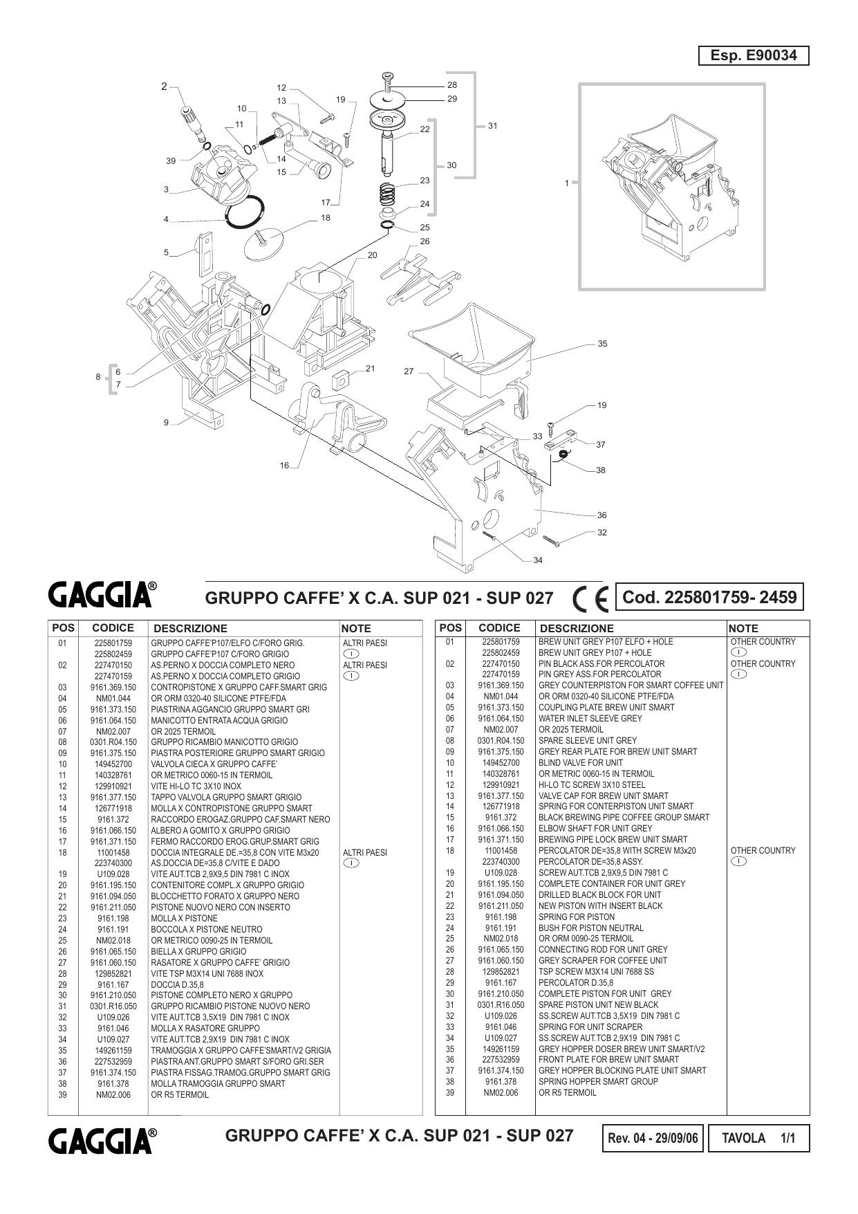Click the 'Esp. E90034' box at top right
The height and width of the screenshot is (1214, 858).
point(754,55)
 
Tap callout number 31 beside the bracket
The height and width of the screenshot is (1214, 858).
point(492,126)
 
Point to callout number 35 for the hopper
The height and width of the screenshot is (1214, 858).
point(602,344)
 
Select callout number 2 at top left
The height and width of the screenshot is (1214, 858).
point(164,86)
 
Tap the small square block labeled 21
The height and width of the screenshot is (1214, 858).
point(340,380)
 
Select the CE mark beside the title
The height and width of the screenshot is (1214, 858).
point(590,598)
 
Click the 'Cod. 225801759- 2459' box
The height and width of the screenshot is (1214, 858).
point(709,597)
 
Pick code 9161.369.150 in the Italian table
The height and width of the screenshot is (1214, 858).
point(113,687)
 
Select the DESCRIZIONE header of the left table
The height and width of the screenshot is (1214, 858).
point(190,629)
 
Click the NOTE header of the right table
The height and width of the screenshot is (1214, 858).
point(744,629)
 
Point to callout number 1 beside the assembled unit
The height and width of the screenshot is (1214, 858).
point(567,183)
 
